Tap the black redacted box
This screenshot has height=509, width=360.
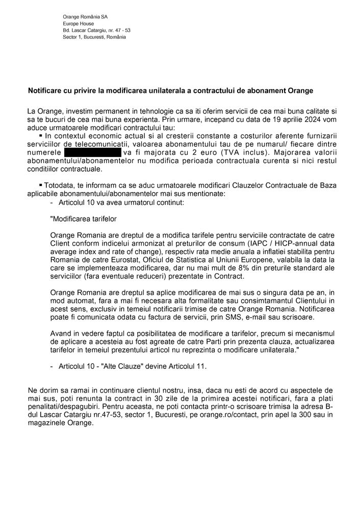tap(92, 152)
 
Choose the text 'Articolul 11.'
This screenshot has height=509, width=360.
tap(187, 366)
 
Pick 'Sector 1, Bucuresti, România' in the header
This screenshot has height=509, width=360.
tap(93, 37)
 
